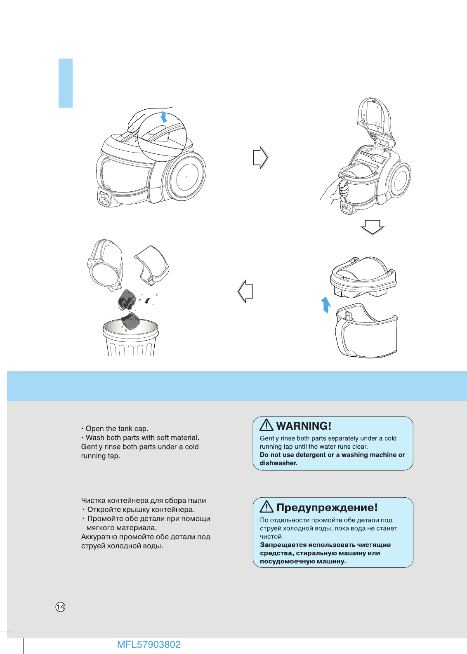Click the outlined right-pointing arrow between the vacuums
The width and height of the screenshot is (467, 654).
pyautogui.click(x=260, y=157)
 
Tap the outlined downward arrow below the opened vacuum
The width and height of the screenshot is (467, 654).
pyautogui.click(x=372, y=227)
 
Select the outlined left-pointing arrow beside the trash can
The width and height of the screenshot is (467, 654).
pyautogui.click(x=245, y=291)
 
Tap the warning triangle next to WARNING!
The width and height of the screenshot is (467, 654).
pyautogui.click(x=267, y=425)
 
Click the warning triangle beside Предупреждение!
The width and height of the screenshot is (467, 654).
pyautogui.click(x=267, y=506)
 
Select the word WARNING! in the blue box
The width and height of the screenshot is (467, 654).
pyautogui.click(x=304, y=426)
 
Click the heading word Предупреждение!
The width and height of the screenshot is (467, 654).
pyautogui.click(x=327, y=507)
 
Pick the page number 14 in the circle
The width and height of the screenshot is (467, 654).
pyautogui.click(x=60, y=607)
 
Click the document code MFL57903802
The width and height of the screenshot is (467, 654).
pyautogui.click(x=149, y=645)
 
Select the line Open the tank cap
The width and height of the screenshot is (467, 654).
pyautogui.click(x=115, y=428)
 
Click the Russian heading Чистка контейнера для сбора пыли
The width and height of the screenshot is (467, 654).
pyautogui.click(x=144, y=500)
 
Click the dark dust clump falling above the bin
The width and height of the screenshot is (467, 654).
pyautogui.click(x=127, y=300)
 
